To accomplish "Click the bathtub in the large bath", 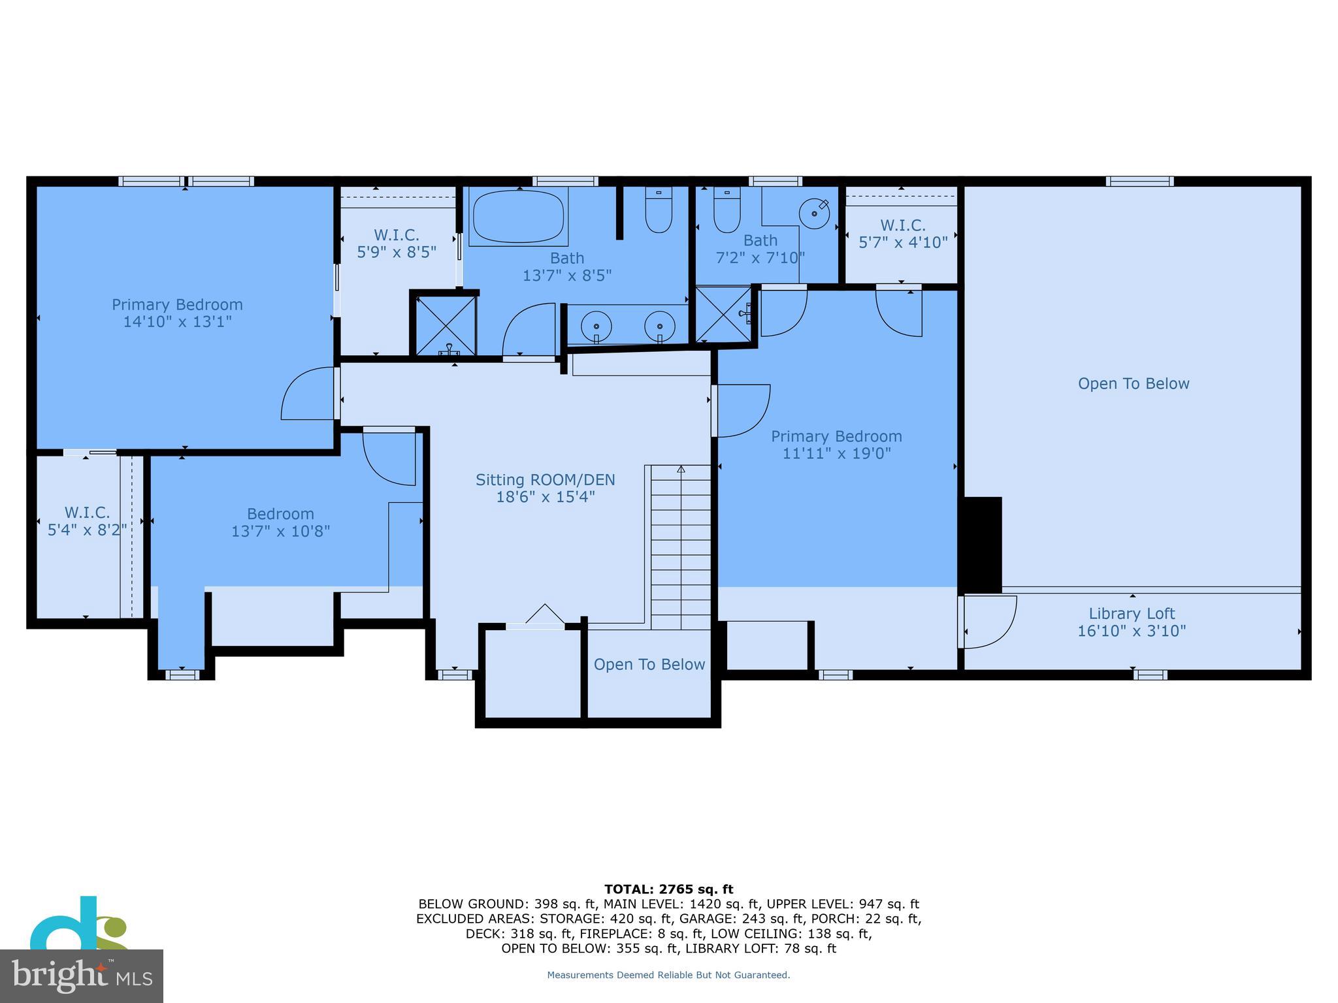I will [x=518, y=216].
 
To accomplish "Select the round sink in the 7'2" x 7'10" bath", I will [x=814, y=214].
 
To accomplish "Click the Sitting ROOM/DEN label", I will [x=545, y=480].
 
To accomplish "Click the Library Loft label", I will [x=1132, y=614].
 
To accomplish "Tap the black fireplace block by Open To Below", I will [x=980, y=545].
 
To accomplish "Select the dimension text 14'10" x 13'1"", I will [x=177, y=322].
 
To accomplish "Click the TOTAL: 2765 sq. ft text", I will [x=668, y=889].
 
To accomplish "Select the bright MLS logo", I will [x=81, y=976].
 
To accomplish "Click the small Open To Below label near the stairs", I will [x=649, y=665].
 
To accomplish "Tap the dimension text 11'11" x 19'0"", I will [x=836, y=453].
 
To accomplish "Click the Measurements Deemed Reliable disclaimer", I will [x=668, y=975].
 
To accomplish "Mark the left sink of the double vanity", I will [x=596, y=324].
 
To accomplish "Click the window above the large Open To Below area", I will [x=1139, y=182].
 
